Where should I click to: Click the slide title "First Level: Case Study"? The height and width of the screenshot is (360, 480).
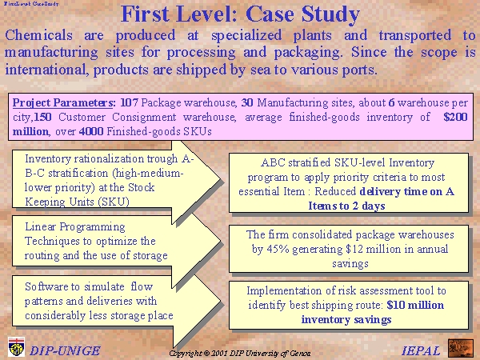click(240, 14)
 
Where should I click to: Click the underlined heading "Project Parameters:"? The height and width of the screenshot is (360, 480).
click(64, 103)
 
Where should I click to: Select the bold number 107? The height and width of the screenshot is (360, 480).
click(129, 102)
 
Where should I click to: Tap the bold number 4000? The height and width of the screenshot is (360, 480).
click(91, 131)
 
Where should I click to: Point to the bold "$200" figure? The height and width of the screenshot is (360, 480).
click(455, 117)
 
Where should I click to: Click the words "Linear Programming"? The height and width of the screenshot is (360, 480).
click(75, 227)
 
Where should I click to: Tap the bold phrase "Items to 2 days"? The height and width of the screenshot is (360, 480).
click(346, 206)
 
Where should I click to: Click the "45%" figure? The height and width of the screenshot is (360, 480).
click(278, 249)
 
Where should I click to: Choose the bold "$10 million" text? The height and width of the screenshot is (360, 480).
click(415, 305)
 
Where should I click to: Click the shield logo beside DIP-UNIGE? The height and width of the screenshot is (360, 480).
click(17, 347)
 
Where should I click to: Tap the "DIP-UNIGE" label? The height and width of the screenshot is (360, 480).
click(65, 351)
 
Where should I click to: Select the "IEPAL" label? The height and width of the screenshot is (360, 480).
click(421, 351)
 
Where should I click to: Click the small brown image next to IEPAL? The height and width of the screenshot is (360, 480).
click(461, 348)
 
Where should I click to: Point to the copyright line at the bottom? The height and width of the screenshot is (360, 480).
click(240, 354)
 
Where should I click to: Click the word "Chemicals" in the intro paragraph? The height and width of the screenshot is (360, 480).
click(38, 35)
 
